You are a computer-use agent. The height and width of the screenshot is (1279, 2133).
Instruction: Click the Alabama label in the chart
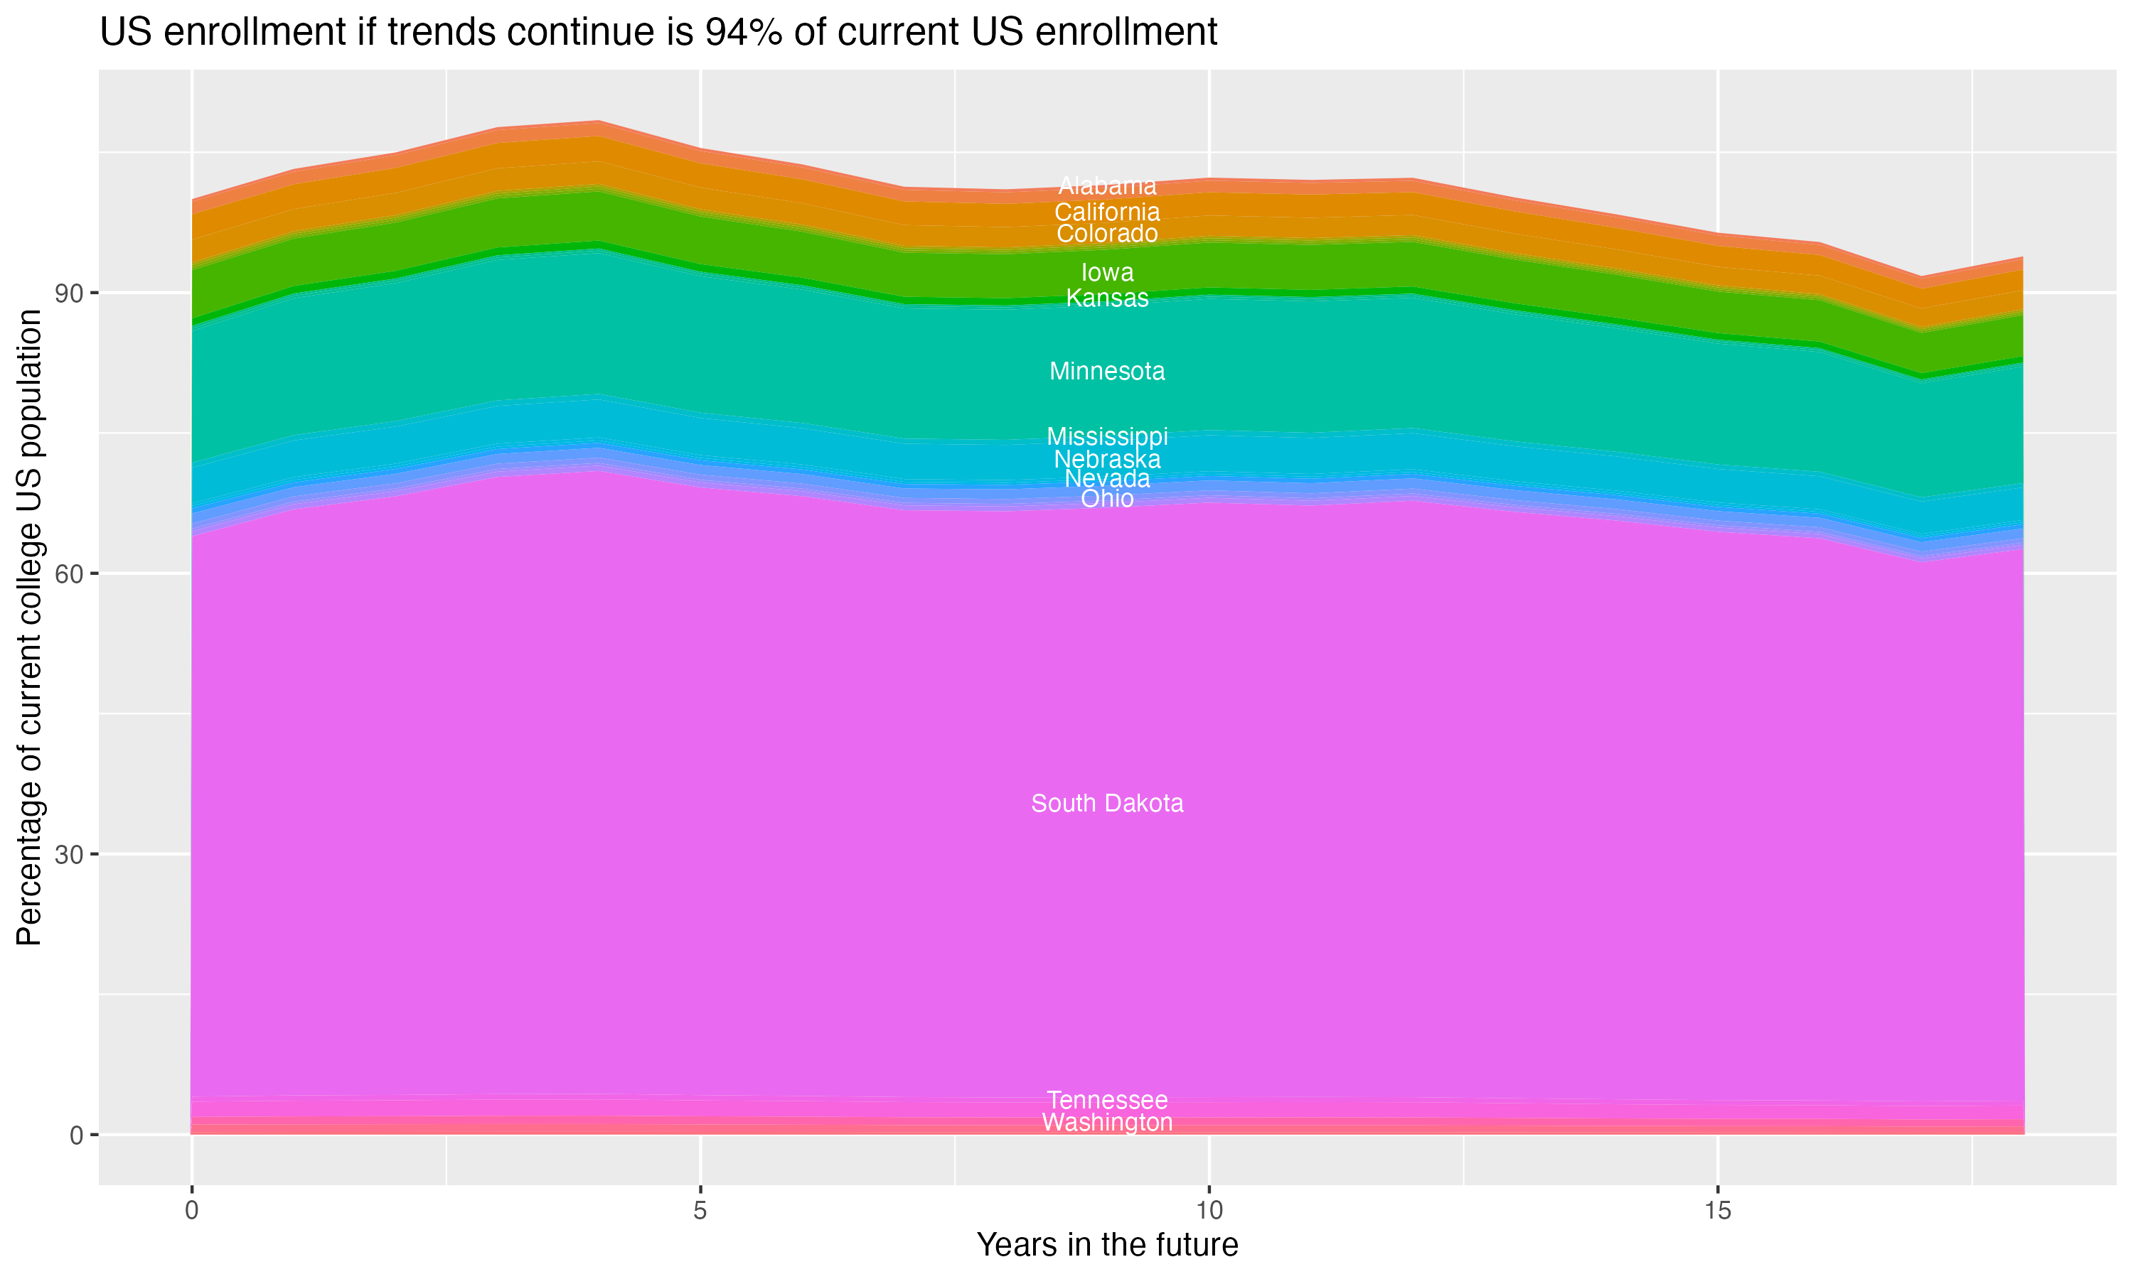tap(1107, 185)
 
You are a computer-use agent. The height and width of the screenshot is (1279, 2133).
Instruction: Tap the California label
tap(1107, 212)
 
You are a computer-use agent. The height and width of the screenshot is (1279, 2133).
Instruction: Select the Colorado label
tap(1107, 234)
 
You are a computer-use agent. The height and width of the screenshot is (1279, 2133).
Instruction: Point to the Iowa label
tap(1107, 272)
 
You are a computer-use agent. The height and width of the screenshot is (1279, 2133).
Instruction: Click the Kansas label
tap(1107, 298)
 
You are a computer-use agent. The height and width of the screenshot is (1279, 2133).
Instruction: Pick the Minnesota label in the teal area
tap(1107, 372)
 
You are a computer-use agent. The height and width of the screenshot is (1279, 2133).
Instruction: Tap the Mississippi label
tap(1107, 436)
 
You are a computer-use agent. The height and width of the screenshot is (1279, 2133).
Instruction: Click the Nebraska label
tap(1107, 459)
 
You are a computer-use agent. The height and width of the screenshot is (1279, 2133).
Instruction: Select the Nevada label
tap(1107, 478)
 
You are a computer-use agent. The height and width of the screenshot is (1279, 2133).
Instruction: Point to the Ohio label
tap(1107, 499)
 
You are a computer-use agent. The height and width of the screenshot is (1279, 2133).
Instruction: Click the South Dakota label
tap(1107, 803)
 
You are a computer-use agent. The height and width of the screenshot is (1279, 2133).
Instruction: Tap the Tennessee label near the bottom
tap(1107, 1101)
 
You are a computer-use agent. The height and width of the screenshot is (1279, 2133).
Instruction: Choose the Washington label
tap(1107, 1122)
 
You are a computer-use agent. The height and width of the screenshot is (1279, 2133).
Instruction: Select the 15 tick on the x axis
tap(1718, 1211)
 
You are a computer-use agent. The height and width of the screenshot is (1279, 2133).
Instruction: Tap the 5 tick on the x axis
tap(700, 1211)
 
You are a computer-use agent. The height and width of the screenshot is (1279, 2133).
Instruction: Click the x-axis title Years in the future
tap(1107, 1244)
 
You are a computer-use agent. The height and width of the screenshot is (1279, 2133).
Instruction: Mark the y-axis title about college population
tap(29, 627)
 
